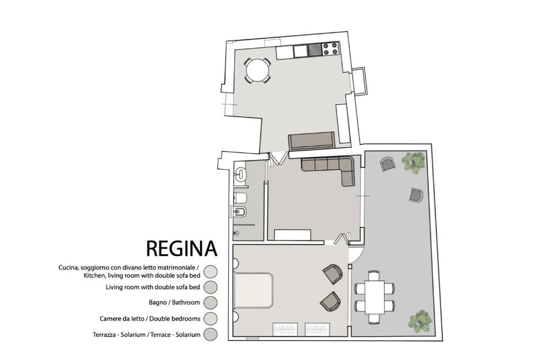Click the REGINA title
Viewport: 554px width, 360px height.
pyautogui.click(x=182, y=249)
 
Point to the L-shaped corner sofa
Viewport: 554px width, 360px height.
pyautogui.click(x=331, y=168)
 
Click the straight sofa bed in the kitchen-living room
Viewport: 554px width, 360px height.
pyautogui.click(x=311, y=141)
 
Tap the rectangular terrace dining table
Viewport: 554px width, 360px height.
pyautogui.click(x=374, y=297)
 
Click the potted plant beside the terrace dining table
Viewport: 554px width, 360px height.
pyautogui.click(x=420, y=321)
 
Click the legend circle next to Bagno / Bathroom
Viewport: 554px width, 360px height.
pyautogui.click(x=210, y=303)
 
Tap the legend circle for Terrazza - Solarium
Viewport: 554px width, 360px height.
pyautogui.click(x=210, y=334)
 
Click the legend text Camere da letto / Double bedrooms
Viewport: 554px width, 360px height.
pyautogui.click(x=150, y=319)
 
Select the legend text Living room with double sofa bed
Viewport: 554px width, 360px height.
pyautogui.click(x=153, y=287)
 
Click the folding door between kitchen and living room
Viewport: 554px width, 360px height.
pyautogui.click(x=279, y=158)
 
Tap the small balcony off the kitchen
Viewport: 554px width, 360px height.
pyautogui.click(x=359, y=81)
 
